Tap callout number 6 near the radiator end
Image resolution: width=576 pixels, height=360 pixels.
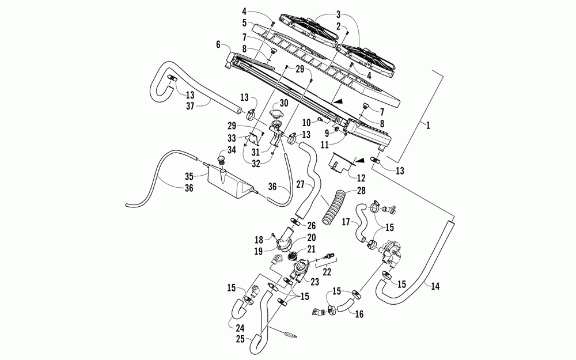[x=218, y=44]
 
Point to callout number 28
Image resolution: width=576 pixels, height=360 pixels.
[x=361, y=190]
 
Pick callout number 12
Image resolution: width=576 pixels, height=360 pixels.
[x=361, y=178]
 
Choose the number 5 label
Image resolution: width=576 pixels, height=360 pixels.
[x=244, y=23]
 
